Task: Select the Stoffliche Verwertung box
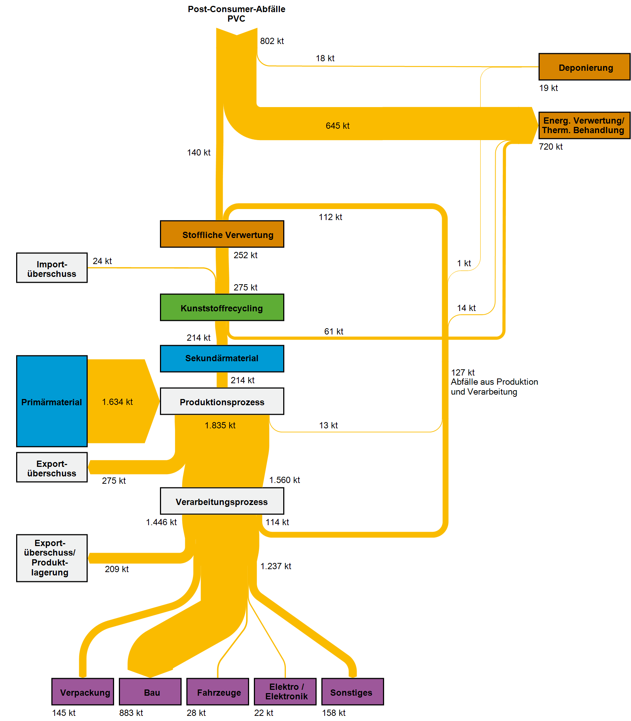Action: (x=222, y=234)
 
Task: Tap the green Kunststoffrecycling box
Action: (x=222, y=307)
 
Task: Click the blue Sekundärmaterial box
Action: (x=222, y=358)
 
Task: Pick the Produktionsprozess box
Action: (x=222, y=401)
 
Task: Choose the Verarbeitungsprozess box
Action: (x=222, y=501)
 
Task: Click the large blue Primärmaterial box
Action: (x=52, y=401)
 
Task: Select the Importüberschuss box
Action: (x=52, y=268)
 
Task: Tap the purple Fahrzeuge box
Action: (x=218, y=692)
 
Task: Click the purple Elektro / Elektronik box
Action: (x=285, y=692)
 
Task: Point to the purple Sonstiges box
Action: (x=353, y=692)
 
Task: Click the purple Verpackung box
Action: (x=83, y=692)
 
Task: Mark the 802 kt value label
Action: (x=272, y=41)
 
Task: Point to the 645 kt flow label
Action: (x=338, y=126)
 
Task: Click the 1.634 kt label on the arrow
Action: (x=117, y=402)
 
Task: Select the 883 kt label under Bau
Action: (x=131, y=713)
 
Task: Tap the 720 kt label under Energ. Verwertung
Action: (x=551, y=147)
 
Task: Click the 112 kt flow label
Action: (x=330, y=217)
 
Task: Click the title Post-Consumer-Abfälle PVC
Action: (x=237, y=14)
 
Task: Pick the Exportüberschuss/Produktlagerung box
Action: (x=52, y=558)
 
